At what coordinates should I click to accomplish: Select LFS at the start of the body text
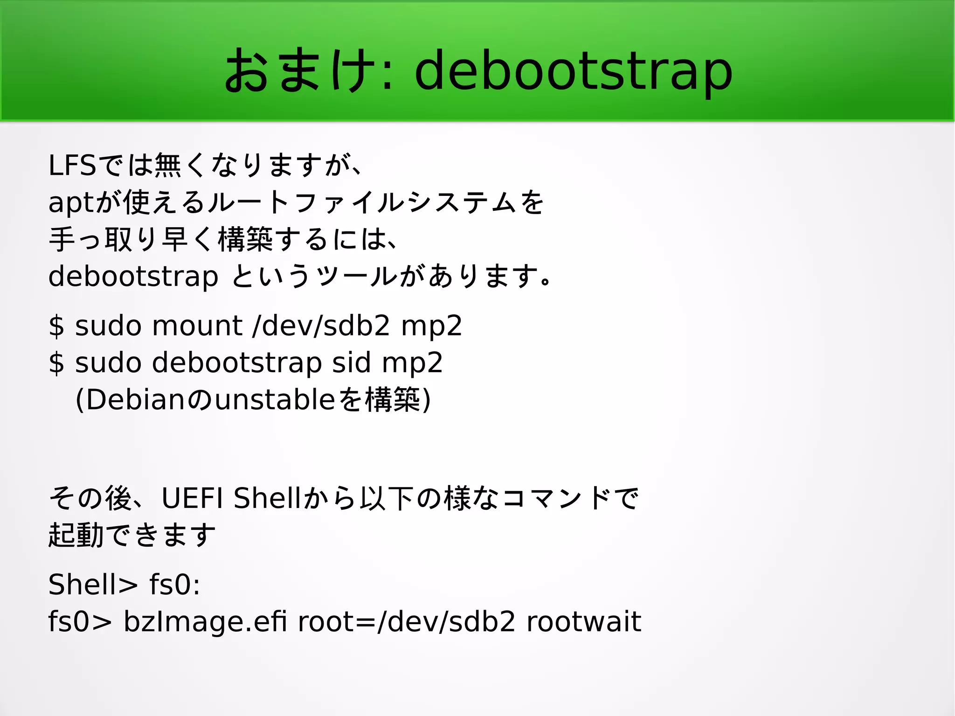tap(72, 165)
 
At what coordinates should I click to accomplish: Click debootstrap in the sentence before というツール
tap(133, 276)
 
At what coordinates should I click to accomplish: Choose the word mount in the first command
tap(197, 325)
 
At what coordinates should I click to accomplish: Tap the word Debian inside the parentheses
tap(135, 400)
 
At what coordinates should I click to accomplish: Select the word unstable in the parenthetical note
tap(275, 400)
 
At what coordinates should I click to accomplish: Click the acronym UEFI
tap(192, 498)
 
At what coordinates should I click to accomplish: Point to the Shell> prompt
tap(93, 584)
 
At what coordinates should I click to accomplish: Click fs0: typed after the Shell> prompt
tap(175, 584)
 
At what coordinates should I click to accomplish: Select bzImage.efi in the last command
tap(205, 622)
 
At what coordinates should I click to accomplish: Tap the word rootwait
tap(584, 621)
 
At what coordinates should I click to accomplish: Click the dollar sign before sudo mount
tap(56, 326)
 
